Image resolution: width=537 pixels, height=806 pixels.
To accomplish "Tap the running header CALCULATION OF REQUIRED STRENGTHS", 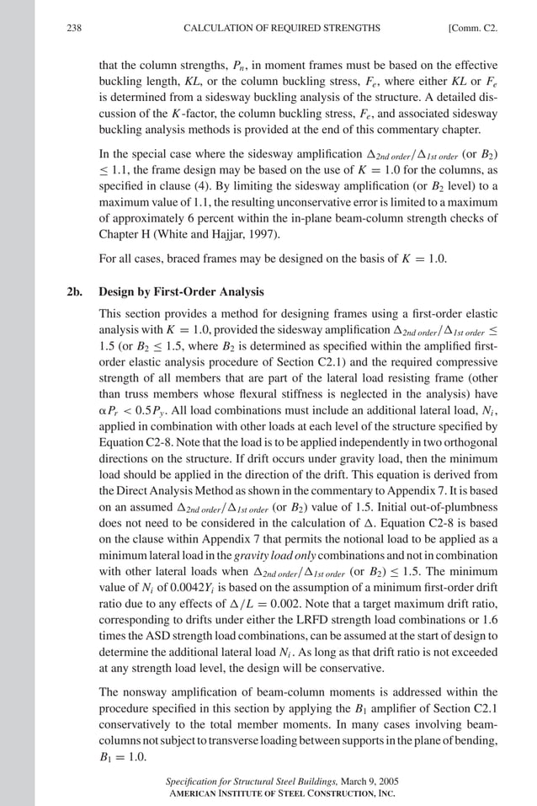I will [281, 29].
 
